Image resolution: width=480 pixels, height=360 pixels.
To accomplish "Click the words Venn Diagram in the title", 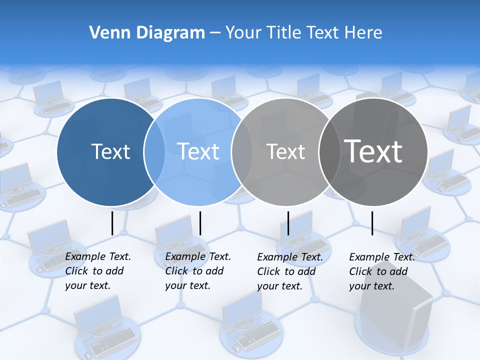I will coord(147,33).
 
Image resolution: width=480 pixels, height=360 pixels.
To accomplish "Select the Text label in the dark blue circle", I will coord(110,151).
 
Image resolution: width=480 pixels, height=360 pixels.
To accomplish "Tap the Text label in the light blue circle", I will coord(198,151).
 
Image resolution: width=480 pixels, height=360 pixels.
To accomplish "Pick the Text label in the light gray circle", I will coord(285,151).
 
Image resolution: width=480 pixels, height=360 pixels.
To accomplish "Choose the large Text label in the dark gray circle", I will coord(373,151).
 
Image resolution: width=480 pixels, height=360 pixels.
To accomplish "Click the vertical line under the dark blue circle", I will coord(112,223).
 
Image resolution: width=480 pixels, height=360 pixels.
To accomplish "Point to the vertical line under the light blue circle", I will coord(200,223).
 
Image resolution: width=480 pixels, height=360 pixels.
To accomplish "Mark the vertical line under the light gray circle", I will coord(288,223).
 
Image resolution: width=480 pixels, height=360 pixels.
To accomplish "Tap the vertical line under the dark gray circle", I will coord(372,223).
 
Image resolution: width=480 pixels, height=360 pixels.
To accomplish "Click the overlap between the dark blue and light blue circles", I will coord(154,151).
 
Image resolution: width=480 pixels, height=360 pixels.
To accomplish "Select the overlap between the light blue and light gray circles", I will coord(242,151).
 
